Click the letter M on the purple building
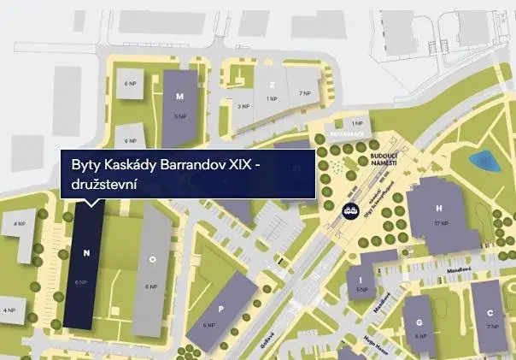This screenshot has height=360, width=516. [x=179, y=98]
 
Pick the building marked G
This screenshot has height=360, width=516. [x=419, y=322]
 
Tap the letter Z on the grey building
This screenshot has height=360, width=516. [x=272, y=86]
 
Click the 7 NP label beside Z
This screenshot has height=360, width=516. [x=305, y=92]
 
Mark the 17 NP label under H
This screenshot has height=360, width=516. [x=441, y=223]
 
